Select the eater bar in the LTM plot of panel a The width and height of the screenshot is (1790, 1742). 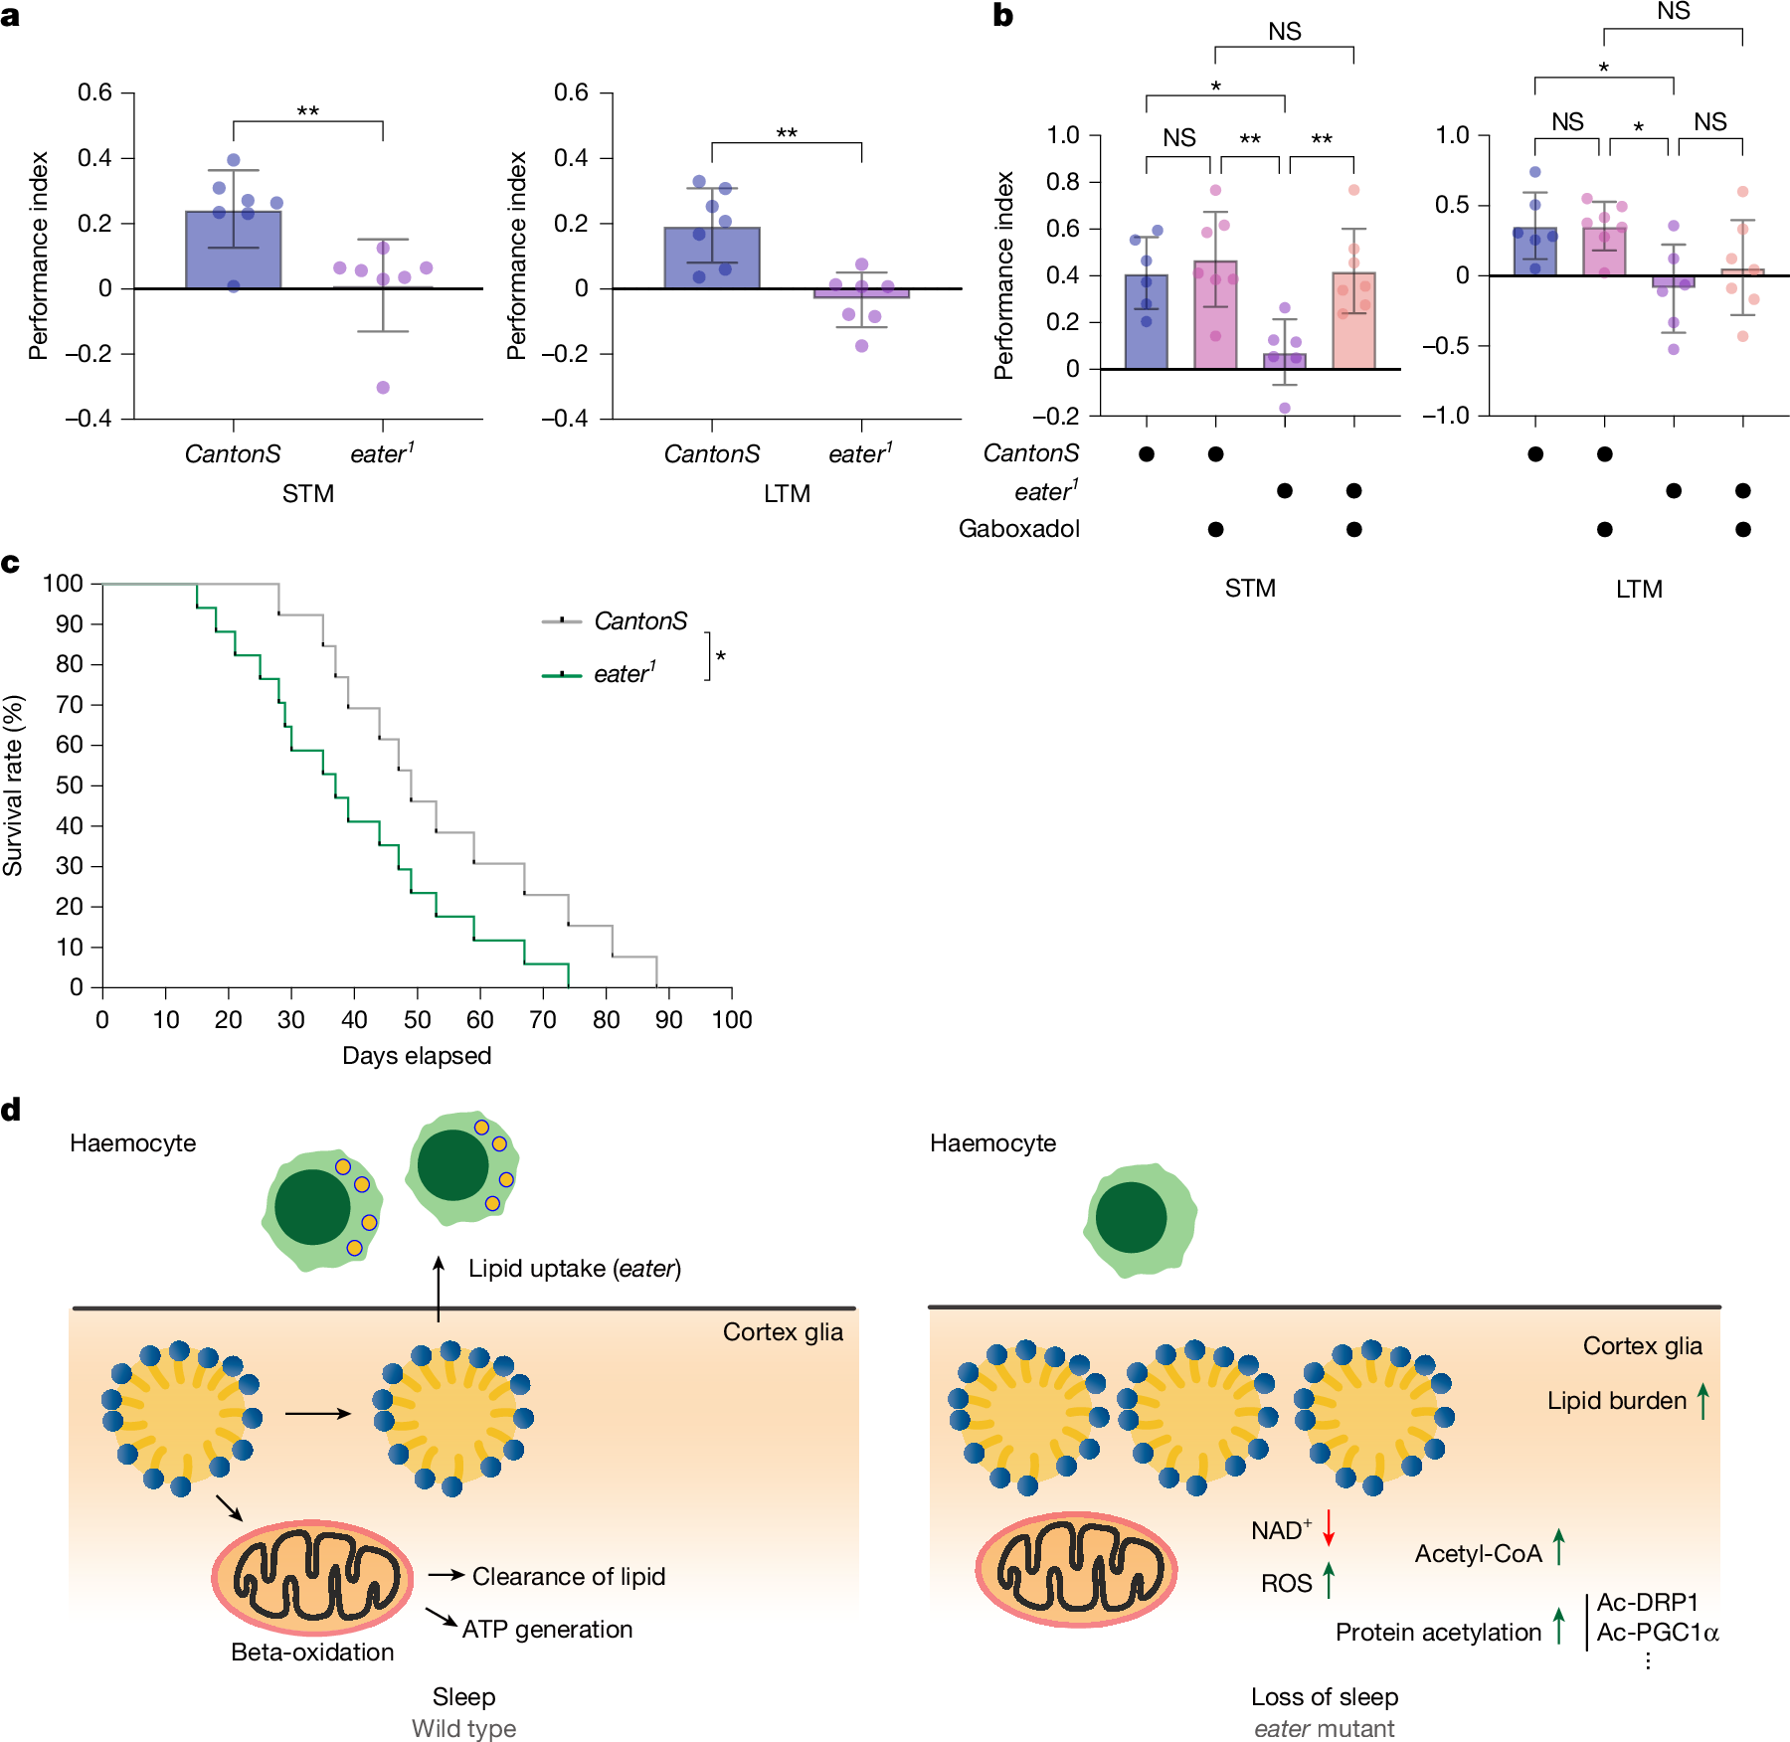click(861, 293)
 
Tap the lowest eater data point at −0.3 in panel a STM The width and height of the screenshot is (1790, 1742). click(383, 388)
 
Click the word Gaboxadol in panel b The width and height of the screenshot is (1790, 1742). click(1018, 529)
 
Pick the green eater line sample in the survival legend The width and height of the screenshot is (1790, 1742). click(562, 675)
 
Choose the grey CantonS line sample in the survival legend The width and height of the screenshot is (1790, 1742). click(562, 621)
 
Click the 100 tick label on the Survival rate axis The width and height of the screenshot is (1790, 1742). click(63, 584)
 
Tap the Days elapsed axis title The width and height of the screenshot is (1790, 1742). click(417, 1055)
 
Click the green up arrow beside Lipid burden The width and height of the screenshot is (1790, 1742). click(1703, 1401)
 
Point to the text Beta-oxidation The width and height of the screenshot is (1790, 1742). click(312, 1652)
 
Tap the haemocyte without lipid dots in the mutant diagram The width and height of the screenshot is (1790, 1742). click(1139, 1220)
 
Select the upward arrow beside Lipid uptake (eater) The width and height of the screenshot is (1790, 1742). click(439, 1288)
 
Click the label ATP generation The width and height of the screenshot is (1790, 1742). click(547, 1629)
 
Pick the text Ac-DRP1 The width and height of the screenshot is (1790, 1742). click(1647, 1602)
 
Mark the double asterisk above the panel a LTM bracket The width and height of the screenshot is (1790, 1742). click(787, 133)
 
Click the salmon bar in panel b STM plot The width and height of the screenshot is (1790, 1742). click(1353, 320)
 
